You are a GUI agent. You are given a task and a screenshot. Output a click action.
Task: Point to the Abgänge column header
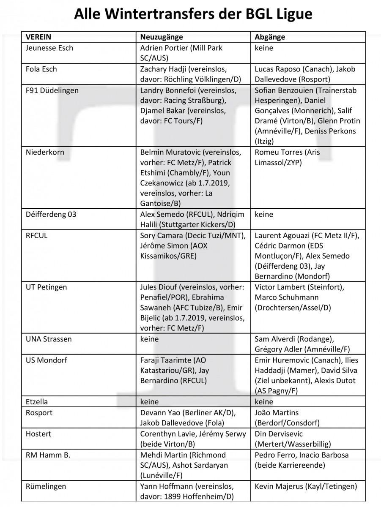click(270, 37)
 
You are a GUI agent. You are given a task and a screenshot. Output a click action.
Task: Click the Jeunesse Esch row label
click(49, 48)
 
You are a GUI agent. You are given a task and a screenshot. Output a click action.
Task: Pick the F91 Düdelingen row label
click(52, 90)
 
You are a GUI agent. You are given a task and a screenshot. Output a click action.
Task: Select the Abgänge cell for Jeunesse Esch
click(264, 48)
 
